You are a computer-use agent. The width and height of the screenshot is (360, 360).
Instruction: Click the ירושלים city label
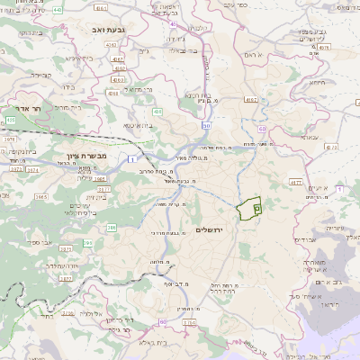(x=214, y=230)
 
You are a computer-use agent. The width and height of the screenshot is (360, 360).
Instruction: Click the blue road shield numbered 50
(x=206, y=127)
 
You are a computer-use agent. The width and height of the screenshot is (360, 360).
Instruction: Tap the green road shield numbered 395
(x=88, y=243)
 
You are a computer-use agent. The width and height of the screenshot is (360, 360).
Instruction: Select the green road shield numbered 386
(x=112, y=227)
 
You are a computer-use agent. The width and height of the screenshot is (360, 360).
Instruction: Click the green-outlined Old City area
(x=247, y=207)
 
